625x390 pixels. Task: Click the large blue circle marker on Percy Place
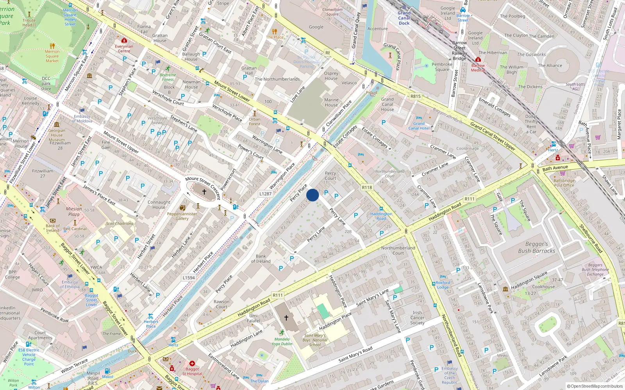point(312,195)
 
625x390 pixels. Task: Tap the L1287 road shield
point(265,193)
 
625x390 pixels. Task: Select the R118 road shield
point(367,187)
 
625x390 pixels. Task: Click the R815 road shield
point(415,96)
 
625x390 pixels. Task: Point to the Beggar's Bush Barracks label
point(536,248)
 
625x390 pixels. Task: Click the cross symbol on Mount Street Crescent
point(204,192)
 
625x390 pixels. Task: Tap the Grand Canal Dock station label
point(404,18)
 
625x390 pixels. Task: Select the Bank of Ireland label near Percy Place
point(261,259)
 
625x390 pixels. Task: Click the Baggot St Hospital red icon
point(192,363)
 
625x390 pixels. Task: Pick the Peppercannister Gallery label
point(182,216)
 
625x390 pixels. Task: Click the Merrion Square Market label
point(52,56)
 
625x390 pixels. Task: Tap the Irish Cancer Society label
point(417,317)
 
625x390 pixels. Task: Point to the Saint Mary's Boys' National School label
point(315,340)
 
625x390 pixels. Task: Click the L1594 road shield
point(189,278)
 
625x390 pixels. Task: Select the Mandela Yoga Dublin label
point(282,341)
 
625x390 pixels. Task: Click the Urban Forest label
point(254,122)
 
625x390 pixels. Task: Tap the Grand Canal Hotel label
point(419,126)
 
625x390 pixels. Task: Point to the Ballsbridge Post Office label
point(564,183)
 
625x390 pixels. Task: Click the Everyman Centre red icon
point(124,41)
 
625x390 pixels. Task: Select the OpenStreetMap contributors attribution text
point(595,386)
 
